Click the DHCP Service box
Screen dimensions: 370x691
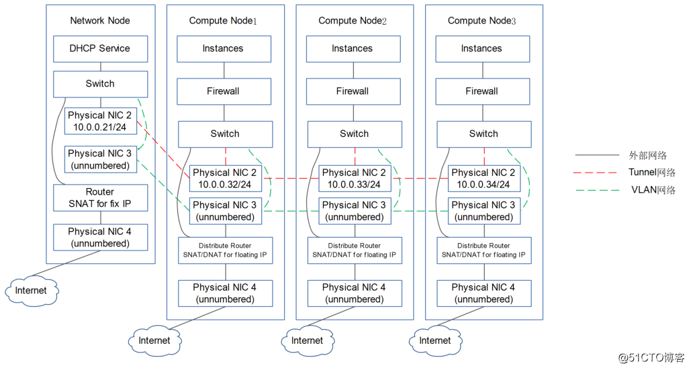coord(100,49)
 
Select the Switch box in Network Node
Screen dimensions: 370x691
coord(100,84)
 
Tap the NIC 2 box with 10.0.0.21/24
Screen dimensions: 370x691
coord(100,121)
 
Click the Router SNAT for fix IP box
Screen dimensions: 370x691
coord(100,197)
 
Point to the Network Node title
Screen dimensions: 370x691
coord(100,20)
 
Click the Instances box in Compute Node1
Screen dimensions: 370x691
coord(224,49)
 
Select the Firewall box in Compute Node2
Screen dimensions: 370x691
coord(353,91)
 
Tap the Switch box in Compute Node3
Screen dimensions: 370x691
coord(483,134)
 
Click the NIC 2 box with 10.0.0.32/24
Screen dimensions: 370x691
coord(224,179)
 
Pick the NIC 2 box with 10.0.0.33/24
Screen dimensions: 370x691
coord(354,179)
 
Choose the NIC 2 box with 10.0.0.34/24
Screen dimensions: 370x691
coord(483,179)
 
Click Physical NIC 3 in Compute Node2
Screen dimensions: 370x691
coord(354,211)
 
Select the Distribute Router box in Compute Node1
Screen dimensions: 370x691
coord(224,250)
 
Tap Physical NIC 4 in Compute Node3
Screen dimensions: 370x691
coord(483,293)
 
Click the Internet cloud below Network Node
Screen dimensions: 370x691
coord(32,290)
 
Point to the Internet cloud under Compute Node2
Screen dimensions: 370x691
coord(307,340)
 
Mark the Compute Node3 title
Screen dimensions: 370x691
coord(481,20)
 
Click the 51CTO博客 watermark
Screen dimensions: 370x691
coord(651,357)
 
